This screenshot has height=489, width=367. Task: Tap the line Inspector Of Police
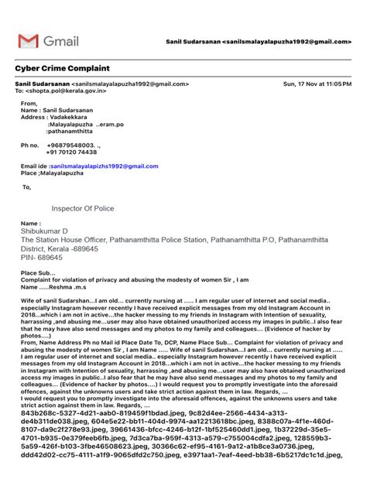click(84, 208)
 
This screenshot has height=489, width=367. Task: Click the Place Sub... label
click(37, 273)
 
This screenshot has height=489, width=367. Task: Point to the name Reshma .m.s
click(66, 288)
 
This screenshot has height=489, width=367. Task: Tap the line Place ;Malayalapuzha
click(51, 173)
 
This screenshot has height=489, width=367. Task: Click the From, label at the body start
click(29, 103)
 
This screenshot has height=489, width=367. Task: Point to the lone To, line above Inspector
click(27, 186)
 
